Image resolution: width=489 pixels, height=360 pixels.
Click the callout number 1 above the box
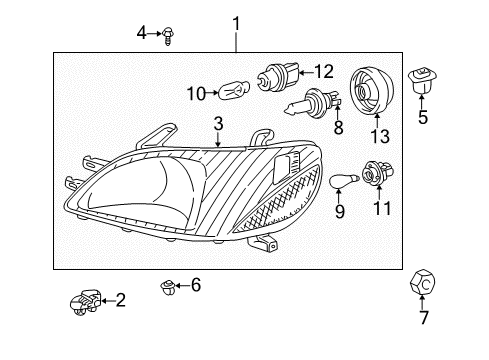237,22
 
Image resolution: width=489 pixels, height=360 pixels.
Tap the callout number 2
121,298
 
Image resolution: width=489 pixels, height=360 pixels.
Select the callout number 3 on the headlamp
217,123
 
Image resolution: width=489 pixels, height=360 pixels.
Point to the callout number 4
142,34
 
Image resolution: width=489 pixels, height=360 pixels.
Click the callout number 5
422,116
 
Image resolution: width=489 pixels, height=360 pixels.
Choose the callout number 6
196,286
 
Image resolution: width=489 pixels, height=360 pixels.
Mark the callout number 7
423,319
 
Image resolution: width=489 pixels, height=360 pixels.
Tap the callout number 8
338,128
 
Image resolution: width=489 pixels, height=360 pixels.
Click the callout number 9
339,211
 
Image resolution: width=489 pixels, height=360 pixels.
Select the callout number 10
196,94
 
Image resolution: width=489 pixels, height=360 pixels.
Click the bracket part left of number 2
86,300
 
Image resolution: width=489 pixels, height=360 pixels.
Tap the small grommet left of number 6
167,288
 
